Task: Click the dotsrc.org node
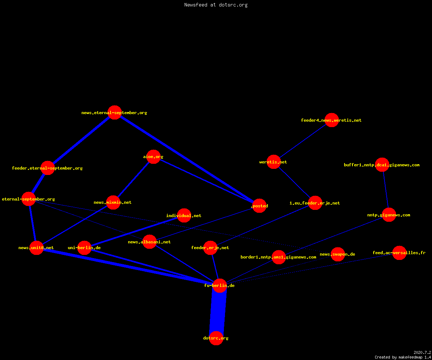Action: (x=216, y=338)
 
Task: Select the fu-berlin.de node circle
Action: (x=220, y=285)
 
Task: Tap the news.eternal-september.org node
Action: (x=114, y=113)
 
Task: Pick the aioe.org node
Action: (x=153, y=157)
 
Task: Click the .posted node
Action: (x=260, y=206)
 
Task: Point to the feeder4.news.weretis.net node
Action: (x=332, y=120)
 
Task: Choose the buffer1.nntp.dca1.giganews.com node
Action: (x=382, y=165)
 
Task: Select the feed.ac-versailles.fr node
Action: (x=399, y=253)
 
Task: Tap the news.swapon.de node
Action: (x=338, y=254)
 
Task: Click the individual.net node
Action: (x=184, y=215)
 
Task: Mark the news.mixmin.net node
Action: (x=113, y=202)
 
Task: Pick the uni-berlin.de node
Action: (x=84, y=248)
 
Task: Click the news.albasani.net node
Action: (x=149, y=242)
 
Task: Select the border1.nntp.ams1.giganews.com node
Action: (x=279, y=257)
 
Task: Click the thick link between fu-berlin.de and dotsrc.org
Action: (x=218, y=312)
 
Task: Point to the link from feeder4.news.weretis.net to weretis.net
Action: (x=303, y=141)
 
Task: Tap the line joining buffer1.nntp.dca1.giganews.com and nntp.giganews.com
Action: (x=386, y=190)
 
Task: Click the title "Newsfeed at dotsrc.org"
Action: (x=216, y=5)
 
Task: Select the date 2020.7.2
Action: (x=422, y=352)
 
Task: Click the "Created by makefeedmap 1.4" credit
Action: (x=403, y=357)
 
